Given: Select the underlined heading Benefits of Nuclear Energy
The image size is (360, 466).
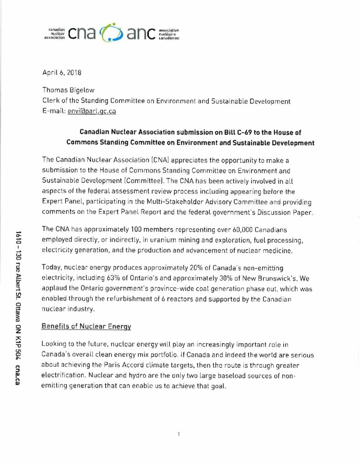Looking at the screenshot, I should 86,326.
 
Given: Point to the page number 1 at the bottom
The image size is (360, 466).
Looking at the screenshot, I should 179,434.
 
